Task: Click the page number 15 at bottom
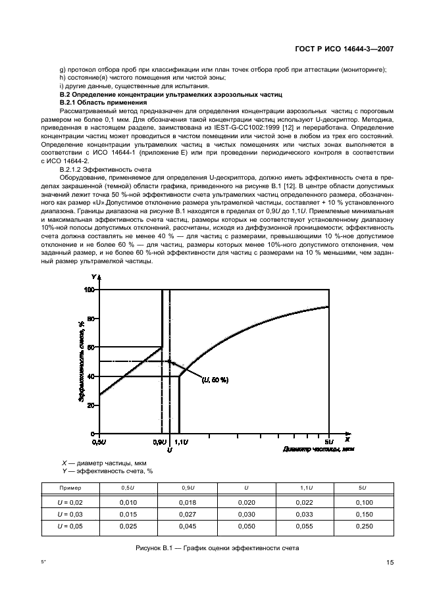[390, 563]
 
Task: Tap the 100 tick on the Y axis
[90, 290]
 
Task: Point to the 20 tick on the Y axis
[91, 405]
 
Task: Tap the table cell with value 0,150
[364, 513]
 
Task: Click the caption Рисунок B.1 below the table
[217, 548]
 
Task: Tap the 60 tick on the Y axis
[91, 347]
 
